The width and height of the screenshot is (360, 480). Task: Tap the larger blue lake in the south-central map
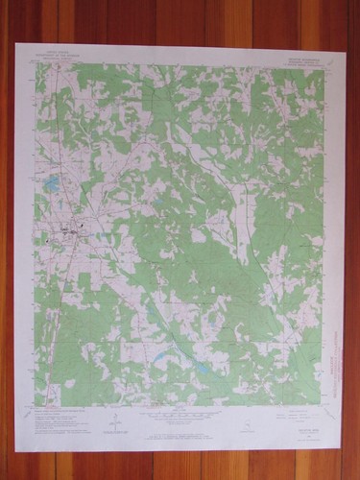204,368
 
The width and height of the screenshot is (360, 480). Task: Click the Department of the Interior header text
61,59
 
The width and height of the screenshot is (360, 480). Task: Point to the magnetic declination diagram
116,420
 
